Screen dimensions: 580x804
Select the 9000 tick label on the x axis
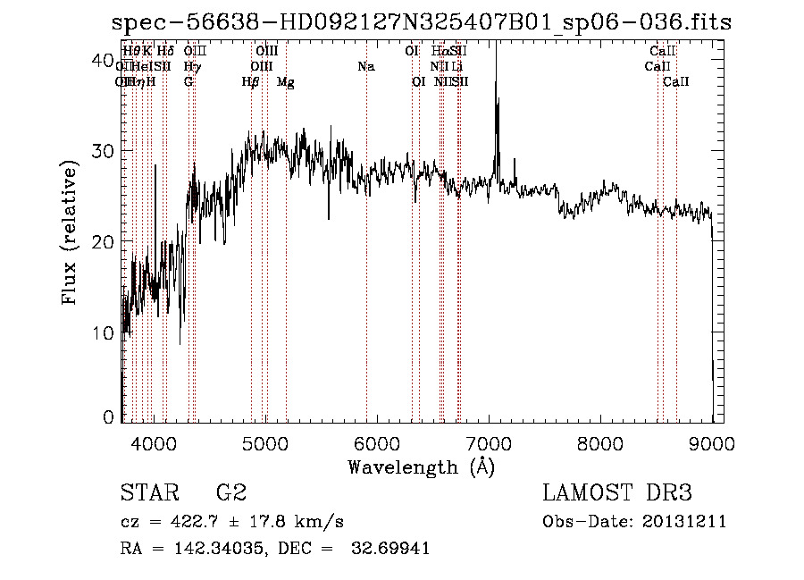coord(711,441)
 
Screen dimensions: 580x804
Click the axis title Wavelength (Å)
coord(421,466)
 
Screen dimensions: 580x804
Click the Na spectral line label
coord(365,66)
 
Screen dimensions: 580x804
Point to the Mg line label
coord(285,82)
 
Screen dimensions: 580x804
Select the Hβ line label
coord(251,82)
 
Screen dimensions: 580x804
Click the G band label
coord(188,81)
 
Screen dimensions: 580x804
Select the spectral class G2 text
coord(230,492)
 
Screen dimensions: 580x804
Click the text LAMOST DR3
coord(617,492)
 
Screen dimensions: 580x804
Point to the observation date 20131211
coord(686,522)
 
